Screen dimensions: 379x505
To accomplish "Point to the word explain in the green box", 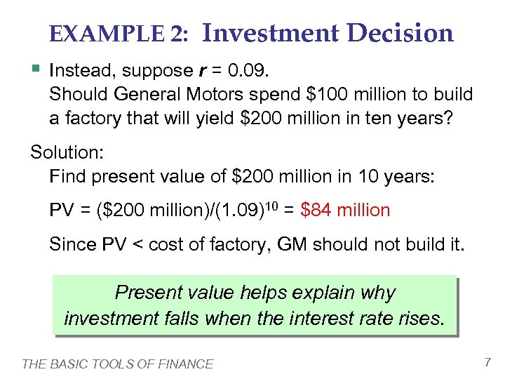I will click(315, 293).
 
